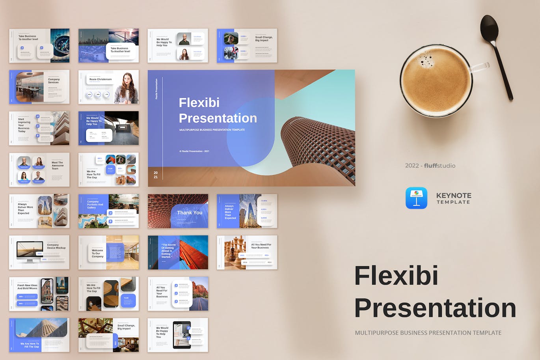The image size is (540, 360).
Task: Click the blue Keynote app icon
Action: (416, 198)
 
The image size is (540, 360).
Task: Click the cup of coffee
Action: (436, 80)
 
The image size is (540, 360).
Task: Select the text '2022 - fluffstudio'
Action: (430, 166)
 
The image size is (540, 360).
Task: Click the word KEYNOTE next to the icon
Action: (453, 196)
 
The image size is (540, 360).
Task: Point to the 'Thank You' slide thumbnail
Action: (178, 211)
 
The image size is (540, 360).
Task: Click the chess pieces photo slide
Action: (247, 252)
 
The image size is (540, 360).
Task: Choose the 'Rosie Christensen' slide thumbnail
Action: (108, 87)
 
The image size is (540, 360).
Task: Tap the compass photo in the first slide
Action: (60, 45)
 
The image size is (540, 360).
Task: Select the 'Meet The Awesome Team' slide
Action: (39, 170)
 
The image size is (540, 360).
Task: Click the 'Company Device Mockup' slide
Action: (39, 252)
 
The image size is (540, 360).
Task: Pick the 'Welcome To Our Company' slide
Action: (108, 252)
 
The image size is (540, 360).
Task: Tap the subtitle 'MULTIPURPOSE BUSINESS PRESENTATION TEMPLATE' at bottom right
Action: (428, 333)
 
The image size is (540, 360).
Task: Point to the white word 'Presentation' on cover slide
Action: (218, 118)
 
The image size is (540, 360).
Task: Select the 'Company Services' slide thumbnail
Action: (39, 87)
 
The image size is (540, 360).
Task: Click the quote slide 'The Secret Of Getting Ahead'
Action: (178, 252)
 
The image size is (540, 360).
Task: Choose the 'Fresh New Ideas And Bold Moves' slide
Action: (39, 294)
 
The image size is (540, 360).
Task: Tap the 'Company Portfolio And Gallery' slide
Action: (108, 211)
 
